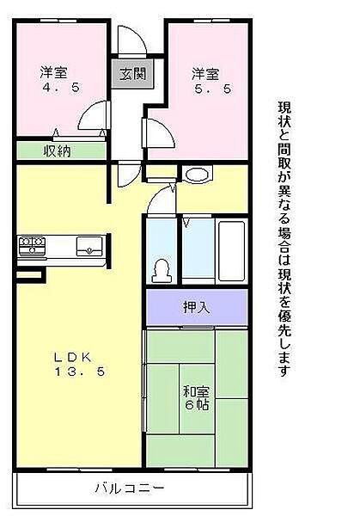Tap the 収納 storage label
tap(57, 150)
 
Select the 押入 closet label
tap(197, 308)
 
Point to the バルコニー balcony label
tap(129, 489)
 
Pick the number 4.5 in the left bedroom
tap(57, 87)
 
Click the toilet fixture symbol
tap(160, 270)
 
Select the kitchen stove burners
tap(32, 246)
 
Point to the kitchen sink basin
tap(89, 246)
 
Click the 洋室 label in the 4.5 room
tap(54, 72)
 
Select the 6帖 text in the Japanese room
tap(195, 407)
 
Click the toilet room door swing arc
tap(161, 202)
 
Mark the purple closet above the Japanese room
tap(197, 308)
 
